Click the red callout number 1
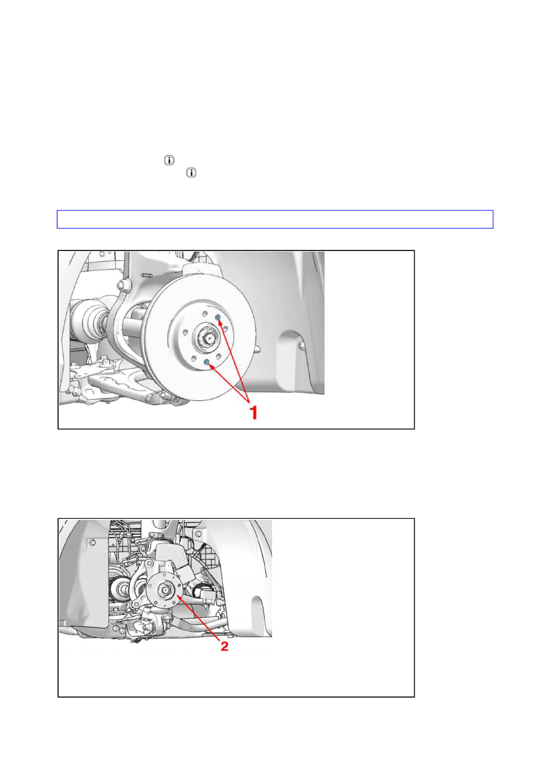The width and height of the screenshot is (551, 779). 254,413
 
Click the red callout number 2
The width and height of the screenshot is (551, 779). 225,646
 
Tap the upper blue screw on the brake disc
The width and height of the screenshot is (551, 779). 218,318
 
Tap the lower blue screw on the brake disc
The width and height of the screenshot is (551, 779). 206,363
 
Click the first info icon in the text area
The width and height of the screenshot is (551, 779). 169,160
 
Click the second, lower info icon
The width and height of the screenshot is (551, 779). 191,173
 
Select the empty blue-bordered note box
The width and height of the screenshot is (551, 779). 275,219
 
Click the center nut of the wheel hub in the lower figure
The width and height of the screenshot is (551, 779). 164,590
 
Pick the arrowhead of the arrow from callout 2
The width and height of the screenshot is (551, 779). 180,597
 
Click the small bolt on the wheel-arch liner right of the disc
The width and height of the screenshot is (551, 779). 301,345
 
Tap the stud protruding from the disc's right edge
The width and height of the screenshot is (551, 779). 257,348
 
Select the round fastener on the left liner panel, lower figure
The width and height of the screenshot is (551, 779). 92,543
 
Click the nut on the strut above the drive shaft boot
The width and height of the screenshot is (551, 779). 121,286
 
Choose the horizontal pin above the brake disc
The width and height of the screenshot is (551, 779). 146,276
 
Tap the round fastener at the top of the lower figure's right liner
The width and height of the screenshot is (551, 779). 198,534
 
